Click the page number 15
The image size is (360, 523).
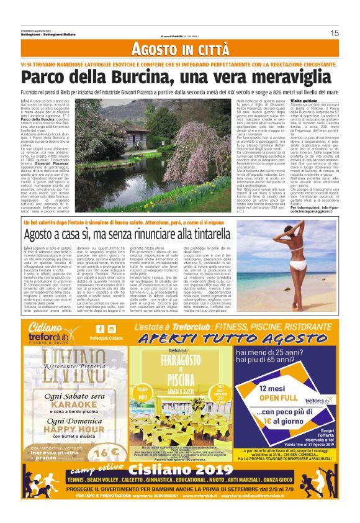coord(334,33)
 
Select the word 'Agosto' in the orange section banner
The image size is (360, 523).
coord(155,50)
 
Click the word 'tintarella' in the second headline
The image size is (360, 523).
coord(260,235)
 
